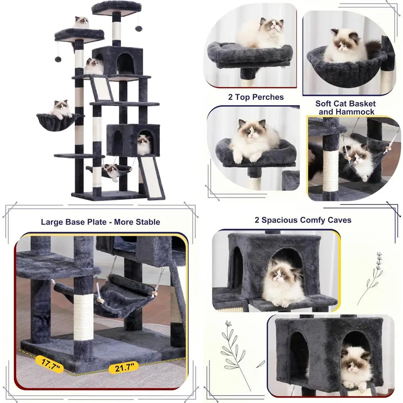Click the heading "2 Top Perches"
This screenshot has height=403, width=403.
pos(256,97)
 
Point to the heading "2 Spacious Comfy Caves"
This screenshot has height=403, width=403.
pos(303,220)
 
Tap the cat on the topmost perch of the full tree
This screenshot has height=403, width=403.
pos(81,23)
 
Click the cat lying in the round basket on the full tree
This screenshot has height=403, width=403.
pos(61,109)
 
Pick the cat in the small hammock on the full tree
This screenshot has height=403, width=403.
pos(112,170)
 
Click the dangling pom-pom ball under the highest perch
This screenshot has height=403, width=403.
pos(138,29)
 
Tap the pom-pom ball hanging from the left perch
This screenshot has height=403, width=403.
pos(58,59)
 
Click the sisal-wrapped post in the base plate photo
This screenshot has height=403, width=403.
pos(83,314)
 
